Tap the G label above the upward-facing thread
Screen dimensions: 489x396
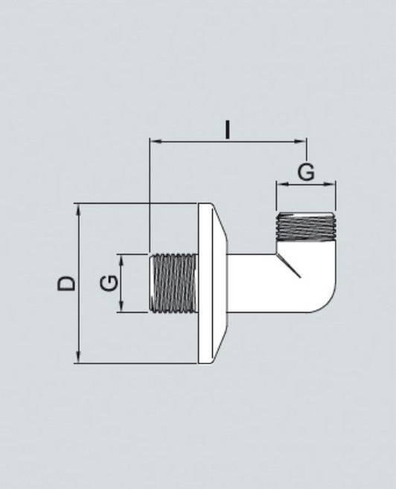[306, 172]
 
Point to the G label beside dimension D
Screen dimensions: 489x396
[108, 283]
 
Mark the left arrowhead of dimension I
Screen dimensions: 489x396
[153, 140]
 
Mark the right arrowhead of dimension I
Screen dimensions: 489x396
[303, 140]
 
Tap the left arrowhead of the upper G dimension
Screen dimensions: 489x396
[279, 184]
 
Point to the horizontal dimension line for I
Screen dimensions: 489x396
[194, 140]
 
